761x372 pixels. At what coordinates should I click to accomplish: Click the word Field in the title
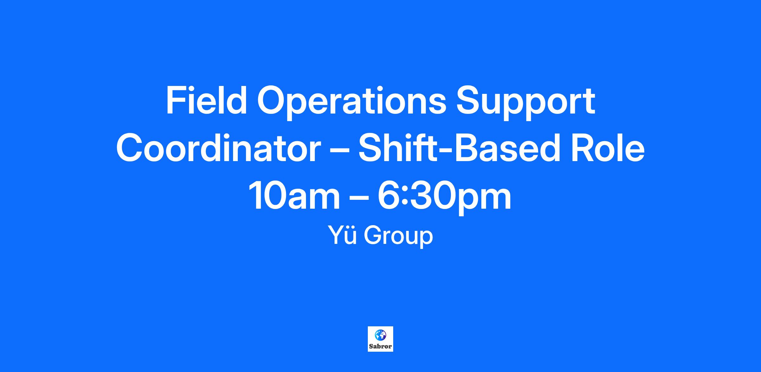206,100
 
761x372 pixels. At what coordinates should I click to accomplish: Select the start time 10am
294,196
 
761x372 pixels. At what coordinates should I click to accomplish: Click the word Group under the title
398,237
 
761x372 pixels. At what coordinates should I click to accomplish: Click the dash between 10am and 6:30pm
359,199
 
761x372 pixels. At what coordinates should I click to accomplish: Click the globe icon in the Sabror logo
380,335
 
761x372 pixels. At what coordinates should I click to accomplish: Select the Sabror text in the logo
380,346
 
